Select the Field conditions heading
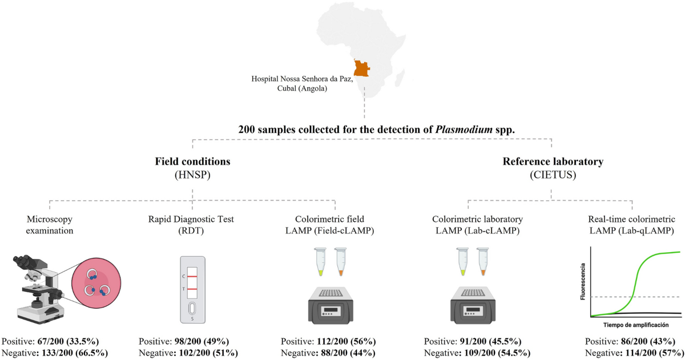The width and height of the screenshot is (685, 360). coord(192,161)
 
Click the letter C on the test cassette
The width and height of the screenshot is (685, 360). coord(183,276)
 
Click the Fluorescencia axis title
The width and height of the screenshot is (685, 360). coord(582,282)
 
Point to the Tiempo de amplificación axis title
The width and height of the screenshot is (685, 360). coord(634,323)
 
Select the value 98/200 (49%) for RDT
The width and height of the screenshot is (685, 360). coord(205,341)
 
